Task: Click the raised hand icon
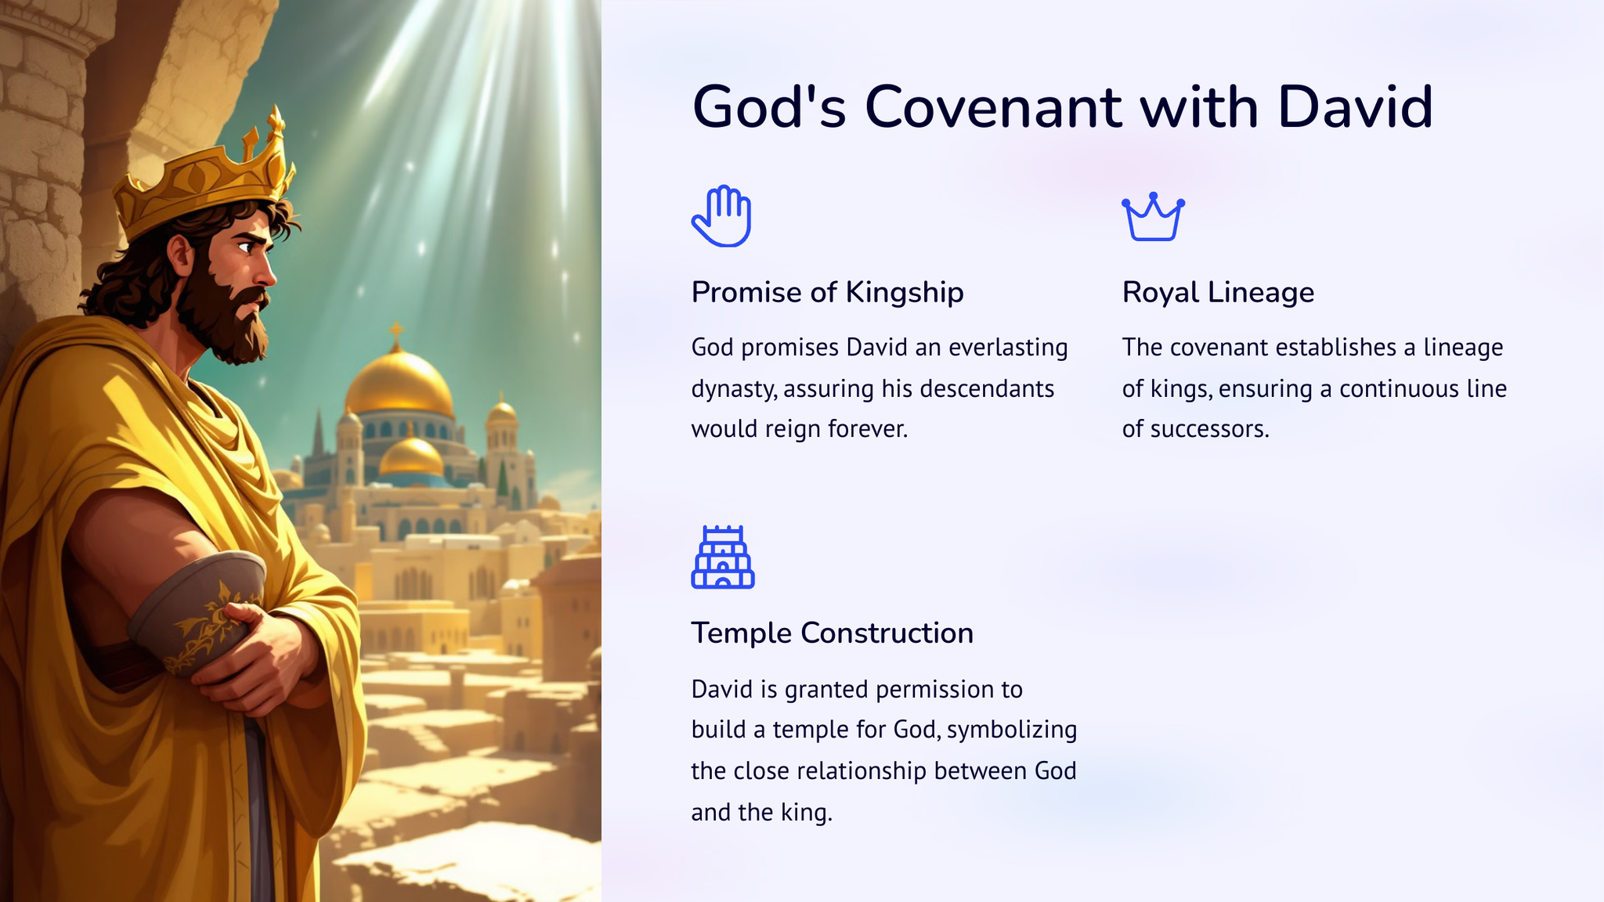(721, 216)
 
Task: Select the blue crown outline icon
(1153, 217)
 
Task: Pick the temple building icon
(722, 557)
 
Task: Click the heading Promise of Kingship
(827, 293)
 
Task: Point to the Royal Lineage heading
(1218, 293)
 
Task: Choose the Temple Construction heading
(832, 633)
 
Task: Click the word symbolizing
(1012, 731)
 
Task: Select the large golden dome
(399, 384)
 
